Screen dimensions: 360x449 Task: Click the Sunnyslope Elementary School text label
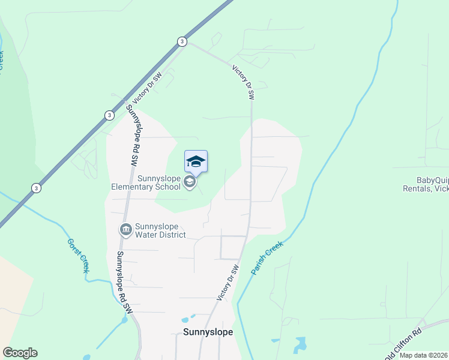coord(158,182)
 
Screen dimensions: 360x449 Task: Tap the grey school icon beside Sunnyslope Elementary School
coord(190,182)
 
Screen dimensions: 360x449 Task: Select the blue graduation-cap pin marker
coord(196,161)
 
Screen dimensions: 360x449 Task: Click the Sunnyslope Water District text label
coord(160,230)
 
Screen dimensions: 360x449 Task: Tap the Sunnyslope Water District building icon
coord(126,230)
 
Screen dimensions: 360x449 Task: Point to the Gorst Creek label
coord(77,254)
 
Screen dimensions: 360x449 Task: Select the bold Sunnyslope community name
coord(207,331)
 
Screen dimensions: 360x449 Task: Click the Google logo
coord(20,353)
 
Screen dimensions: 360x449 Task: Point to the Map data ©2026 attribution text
coord(423,355)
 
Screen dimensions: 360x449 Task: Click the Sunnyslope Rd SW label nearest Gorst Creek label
coord(123,281)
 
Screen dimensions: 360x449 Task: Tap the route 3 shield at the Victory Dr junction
coord(181,41)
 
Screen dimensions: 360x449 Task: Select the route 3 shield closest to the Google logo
coord(37,188)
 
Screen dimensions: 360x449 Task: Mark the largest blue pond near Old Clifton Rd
coord(300,344)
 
